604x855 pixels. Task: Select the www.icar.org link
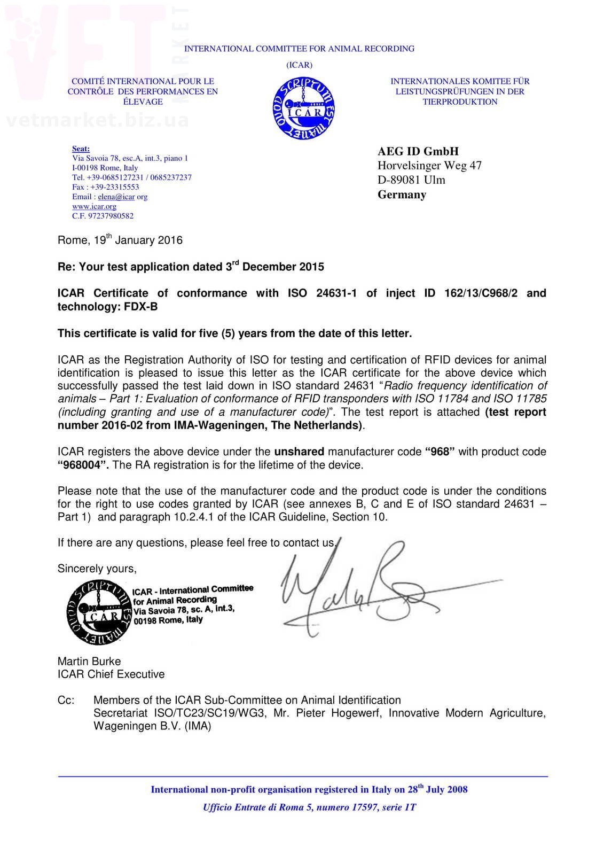(x=94, y=206)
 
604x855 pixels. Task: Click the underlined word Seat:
(x=81, y=149)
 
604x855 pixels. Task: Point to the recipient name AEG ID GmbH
(x=418, y=151)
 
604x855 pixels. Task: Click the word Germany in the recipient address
(x=402, y=195)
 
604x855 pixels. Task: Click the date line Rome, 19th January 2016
(x=120, y=240)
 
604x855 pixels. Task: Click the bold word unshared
(x=299, y=452)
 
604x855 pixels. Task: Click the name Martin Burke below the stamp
(x=89, y=661)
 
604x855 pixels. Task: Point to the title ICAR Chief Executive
(x=111, y=674)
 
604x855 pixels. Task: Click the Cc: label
(x=66, y=700)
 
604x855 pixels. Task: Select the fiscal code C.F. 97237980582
(x=103, y=216)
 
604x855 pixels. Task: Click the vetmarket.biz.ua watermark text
(x=98, y=120)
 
